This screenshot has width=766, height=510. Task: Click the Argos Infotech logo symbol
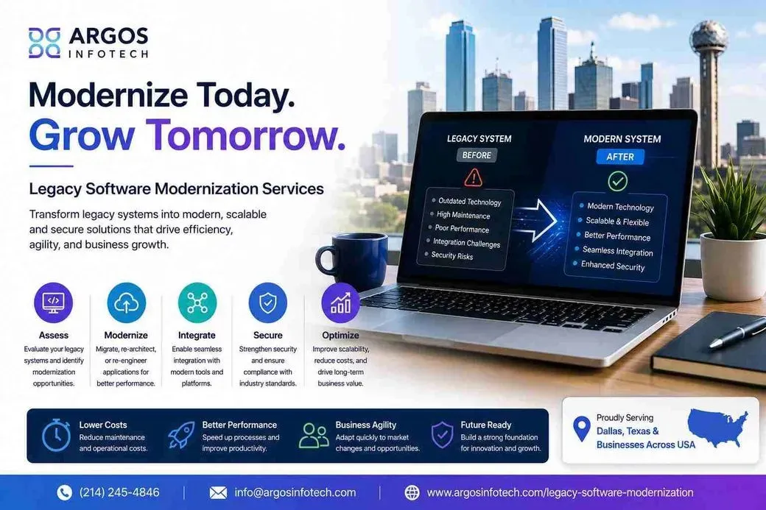pos(44,43)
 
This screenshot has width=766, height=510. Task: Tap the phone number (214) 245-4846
pos(119,492)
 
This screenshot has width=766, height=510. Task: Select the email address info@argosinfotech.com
pos(295,492)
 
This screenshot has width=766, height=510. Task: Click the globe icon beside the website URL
pos(412,492)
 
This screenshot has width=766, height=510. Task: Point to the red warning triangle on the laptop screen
pos(473,177)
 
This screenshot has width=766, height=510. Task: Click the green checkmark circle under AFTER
pos(618,182)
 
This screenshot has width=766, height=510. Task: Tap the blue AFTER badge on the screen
pos(620,157)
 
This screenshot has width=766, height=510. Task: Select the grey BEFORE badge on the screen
pos(477,155)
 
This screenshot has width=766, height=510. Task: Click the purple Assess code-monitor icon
pos(54,302)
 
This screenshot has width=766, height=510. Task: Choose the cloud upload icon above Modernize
pos(126,302)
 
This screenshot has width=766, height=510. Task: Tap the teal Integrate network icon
pos(197,302)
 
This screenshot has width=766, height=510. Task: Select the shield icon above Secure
pos(267,302)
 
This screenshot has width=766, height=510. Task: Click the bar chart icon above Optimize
pos(340,302)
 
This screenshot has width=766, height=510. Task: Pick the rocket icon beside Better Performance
pos(181,435)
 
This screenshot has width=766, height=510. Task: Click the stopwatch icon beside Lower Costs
pos(56,434)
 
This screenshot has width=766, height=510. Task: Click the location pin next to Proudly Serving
pos(581,429)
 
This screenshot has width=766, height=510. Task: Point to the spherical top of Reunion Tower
pos(709,38)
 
